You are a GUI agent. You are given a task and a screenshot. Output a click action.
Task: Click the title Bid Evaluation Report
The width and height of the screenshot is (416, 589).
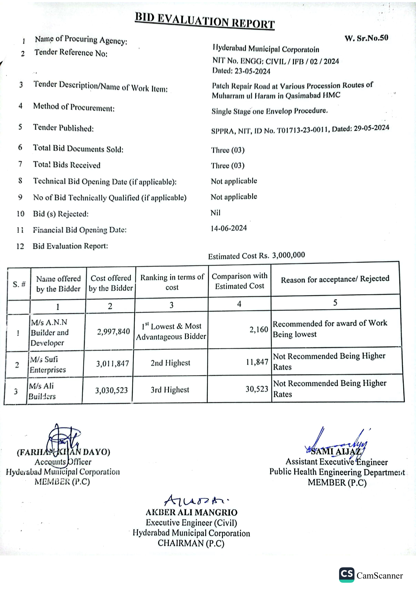(205, 21)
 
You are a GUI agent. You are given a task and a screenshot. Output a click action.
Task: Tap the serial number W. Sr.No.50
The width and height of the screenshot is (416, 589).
(366, 38)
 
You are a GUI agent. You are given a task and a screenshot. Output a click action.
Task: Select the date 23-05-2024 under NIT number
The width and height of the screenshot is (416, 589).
(252, 71)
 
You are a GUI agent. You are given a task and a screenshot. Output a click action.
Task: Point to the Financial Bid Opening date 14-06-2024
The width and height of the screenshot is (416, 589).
(229, 228)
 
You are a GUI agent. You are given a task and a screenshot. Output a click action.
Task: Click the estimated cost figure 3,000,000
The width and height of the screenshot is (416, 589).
(289, 255)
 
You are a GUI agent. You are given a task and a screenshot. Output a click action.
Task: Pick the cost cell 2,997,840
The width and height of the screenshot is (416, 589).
(113, 331)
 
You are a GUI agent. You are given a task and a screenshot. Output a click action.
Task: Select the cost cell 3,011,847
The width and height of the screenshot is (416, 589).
(113, 364)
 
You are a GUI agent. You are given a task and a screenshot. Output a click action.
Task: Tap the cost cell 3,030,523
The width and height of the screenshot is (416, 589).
(112, 390)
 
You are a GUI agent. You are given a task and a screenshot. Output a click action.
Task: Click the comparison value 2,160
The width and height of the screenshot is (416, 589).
(259, 329)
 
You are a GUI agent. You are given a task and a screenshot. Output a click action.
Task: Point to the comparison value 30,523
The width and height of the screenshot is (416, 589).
(257, 389)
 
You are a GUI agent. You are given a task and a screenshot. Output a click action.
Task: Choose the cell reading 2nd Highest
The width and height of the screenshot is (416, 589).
(170, 363)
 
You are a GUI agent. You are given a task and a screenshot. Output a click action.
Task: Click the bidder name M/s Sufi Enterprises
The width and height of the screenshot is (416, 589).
(48, 364)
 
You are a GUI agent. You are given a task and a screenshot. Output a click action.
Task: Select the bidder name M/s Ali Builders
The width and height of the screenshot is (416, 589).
(42, 391)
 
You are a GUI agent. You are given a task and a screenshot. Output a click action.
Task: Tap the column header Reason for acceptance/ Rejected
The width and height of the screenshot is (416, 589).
(335, 279)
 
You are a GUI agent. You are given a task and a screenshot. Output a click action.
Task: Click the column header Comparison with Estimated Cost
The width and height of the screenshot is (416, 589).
(240, 281)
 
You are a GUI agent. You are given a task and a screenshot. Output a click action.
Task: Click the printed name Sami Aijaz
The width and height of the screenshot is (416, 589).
(336, 451)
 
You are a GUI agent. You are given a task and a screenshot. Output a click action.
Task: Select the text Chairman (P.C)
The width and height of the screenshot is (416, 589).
(191, 543)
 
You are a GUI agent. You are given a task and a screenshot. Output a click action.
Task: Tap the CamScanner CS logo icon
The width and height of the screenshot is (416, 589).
(347, 574)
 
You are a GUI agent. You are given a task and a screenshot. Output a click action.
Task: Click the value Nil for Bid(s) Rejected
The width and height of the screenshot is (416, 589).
(215, 213)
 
